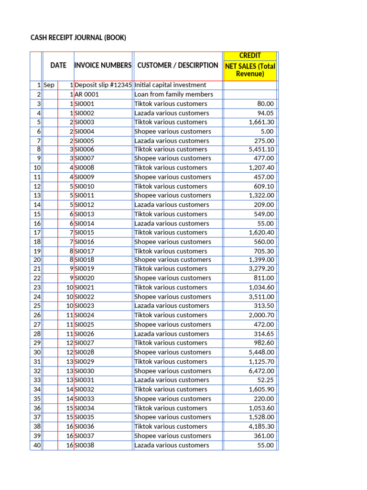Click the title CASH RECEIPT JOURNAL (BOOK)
pos(78,37)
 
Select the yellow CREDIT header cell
pos(250,56)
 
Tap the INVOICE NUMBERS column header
pos(103,65)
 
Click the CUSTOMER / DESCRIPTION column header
pos(178,65)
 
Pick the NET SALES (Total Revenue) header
pos(250,70)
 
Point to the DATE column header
pos(58,65)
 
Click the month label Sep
pos(49,85)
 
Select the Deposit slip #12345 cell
pos(103,85)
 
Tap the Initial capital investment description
pos(171,85)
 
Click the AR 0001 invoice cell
pos(87,94)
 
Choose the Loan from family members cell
pos(174,94)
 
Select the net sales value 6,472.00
pos(261,371)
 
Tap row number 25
pos(37,306)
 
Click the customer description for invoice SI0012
pos(172,205)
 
